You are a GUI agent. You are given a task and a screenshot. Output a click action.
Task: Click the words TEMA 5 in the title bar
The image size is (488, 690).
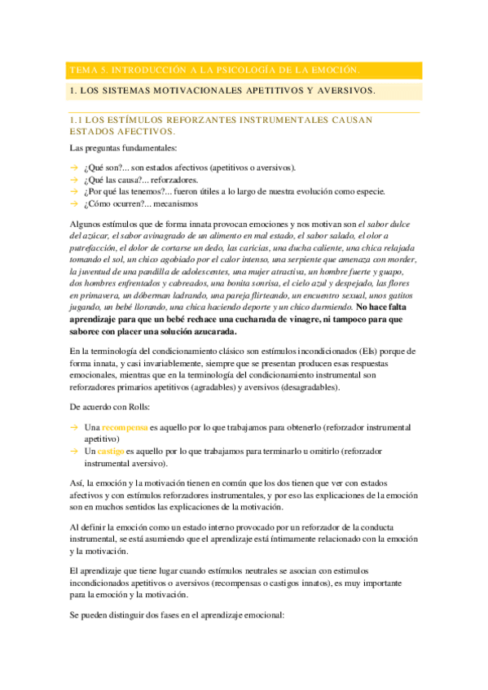click(84, 70)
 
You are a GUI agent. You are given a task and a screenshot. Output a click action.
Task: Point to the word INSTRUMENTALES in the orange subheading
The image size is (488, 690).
click(282, 120)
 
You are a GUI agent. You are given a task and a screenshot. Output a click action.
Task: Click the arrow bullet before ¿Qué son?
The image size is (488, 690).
click(74, 168)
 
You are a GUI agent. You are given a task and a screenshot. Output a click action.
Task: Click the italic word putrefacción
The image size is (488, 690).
click(94, 247)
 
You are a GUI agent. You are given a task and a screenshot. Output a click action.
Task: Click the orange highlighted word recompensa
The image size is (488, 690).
click(125, 427)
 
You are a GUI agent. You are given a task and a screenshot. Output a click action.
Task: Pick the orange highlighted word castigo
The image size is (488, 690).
click(110, 450)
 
